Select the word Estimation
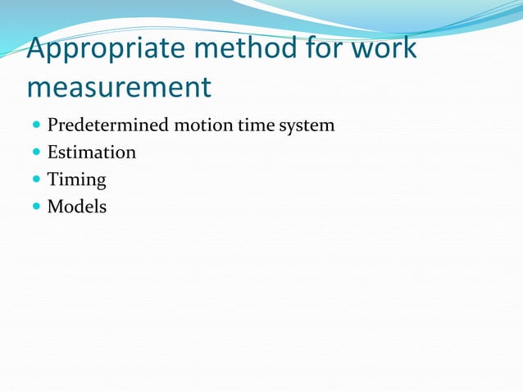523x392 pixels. pos(92,153)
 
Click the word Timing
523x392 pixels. pos(77,180)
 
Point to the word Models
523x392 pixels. pos(77,207)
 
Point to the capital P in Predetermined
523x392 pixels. pos(52,126)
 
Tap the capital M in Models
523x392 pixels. pos(55,207)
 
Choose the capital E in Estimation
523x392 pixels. pos(52,153)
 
